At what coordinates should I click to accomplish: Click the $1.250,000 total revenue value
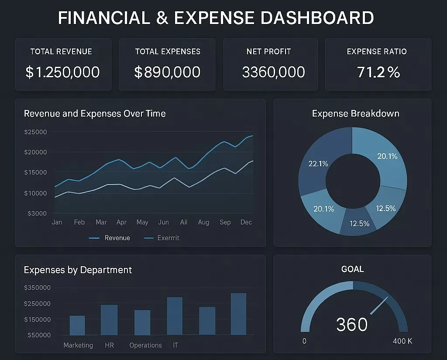point(62,72)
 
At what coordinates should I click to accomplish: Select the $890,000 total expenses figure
point(167,72)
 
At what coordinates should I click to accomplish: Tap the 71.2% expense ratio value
point(378,72)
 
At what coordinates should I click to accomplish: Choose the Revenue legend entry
point(117,238)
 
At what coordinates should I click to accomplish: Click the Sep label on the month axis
point(225,222)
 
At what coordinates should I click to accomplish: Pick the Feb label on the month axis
point(79,222)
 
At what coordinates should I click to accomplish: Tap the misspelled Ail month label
point(184,222)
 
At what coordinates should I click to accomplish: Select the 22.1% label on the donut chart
point(318,164)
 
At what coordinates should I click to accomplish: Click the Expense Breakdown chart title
point(355,113)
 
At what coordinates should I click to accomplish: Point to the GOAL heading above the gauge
point(352,269)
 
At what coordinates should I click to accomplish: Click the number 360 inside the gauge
point(352,324)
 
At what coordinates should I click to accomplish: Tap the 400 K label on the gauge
point(402,341)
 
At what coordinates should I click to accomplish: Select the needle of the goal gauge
point(379,305)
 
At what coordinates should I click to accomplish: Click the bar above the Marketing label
point(77,325)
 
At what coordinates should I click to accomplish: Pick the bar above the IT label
point(175,316)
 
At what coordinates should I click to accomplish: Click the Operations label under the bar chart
point(145,345)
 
